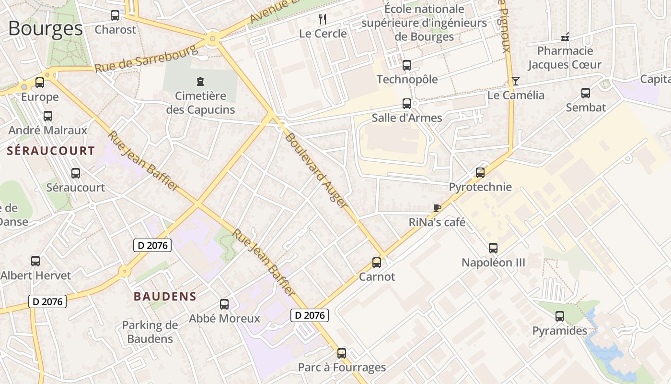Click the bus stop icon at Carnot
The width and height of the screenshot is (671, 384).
(x=377, y=263)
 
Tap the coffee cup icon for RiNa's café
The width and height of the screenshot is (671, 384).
(x=437, y=208)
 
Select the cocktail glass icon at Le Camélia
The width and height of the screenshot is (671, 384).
(x=516, y=81)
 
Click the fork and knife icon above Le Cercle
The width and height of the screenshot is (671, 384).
(x=323, y=19)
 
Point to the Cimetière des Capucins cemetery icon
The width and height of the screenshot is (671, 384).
(x=200, y=82)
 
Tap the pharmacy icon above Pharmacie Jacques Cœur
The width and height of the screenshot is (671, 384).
(x=565, y=36)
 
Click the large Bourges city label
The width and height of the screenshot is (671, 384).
(x=46, y=29)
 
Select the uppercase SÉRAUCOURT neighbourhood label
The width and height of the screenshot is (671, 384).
(x=51, y=151)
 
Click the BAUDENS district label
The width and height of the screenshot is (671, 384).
(x=165, y=296)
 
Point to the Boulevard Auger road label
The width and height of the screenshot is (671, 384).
(x=316, y=170)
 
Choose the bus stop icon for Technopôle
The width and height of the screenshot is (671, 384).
(x=407, y=65)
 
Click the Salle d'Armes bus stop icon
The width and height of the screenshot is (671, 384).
(x=407, y=103)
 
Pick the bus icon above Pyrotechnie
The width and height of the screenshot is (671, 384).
(x=480, y=173)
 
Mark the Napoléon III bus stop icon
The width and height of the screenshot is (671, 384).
(x=493, y=248)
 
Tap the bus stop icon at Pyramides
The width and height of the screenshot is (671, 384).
(x=560, y=316)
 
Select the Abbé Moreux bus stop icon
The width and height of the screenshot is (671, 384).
(x=224, y=304)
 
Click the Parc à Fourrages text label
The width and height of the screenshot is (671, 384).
(x=342, y=367)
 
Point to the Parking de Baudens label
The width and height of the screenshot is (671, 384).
(x=150, y=332)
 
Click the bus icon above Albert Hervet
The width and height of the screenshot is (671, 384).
(x=35, y=261)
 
